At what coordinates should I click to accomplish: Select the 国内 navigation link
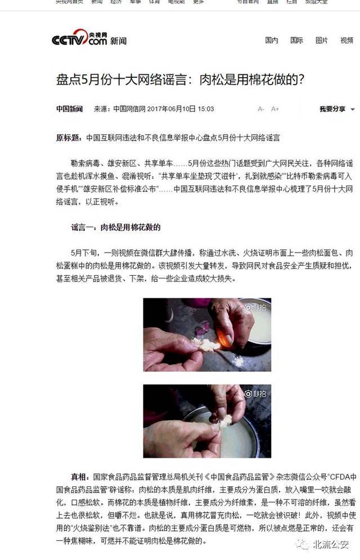click(272, 41)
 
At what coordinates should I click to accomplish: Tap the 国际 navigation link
click(296, 41)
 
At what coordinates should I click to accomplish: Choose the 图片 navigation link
click(322, 41)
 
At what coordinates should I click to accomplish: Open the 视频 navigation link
click(346, 41)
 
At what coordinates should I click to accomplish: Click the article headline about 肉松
click(181, 79)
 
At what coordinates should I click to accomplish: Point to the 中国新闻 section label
click(69, 109)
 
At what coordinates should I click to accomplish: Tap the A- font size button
click(261, 109)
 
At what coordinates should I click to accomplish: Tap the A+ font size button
click(275, 109)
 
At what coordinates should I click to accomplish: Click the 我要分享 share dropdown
click(336, 109)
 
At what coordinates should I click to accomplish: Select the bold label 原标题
click(68, 137)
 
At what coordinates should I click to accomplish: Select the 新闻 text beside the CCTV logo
click(119, 41)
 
